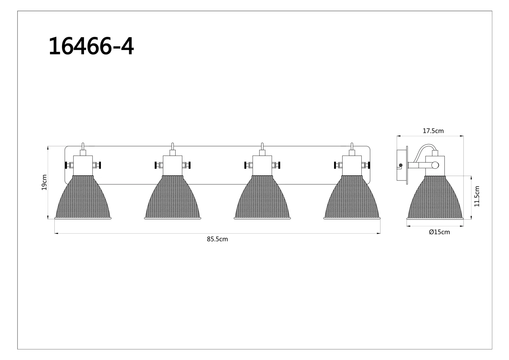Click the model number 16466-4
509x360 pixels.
coord(91,46)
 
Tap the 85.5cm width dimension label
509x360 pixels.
coord(217,239)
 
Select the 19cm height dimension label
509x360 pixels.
coord(44,182)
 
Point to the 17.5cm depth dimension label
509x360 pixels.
coord(433,131)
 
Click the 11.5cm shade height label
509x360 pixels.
coord(477,196)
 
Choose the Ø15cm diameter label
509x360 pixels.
coord(439,232)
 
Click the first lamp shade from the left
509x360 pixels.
coord(83,197)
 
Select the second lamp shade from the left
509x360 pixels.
coord(172,197)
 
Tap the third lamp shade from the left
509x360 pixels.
coord(262,197)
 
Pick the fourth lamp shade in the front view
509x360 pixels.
coord(352,197)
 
